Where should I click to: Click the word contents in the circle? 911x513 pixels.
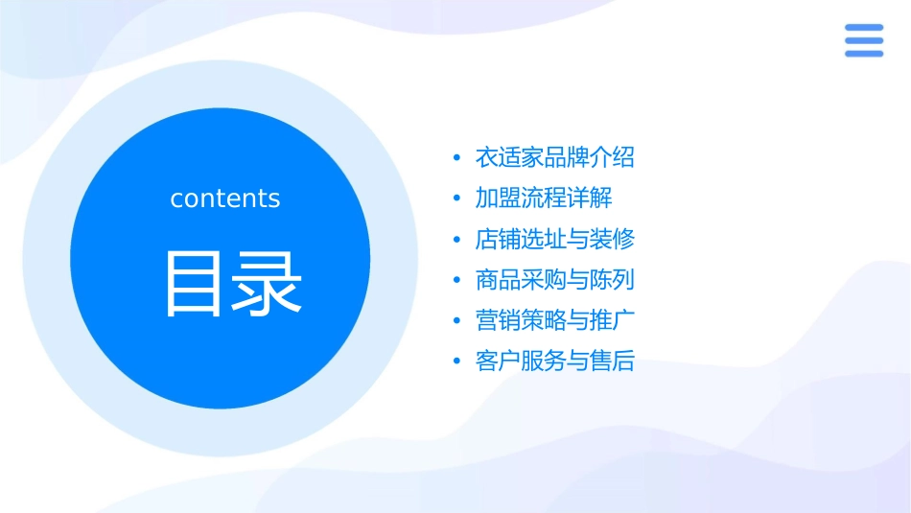coord(225,198)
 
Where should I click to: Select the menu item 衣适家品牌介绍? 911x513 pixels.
coord(554,157)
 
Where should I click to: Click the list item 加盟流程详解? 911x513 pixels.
coord(543,198)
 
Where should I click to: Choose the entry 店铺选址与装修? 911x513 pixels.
coord(554,239)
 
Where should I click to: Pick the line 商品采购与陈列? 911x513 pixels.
coord(554,280)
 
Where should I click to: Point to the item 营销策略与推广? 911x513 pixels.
coord(554,320)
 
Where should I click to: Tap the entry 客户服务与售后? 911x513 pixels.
coord(554,361)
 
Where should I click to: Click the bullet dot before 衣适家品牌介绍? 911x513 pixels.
coord(456,158)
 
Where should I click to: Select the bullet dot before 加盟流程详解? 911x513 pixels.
coord(456,199)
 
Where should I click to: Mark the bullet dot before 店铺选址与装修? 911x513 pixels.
coord(456,240)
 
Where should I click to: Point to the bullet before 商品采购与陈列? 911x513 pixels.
coord(456,281)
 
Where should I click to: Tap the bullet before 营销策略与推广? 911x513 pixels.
coord(456,321)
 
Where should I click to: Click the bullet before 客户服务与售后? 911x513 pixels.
coord(456,362)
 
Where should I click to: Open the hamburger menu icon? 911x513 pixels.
coord(864,40)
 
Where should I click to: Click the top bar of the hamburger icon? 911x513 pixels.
coord(864,27)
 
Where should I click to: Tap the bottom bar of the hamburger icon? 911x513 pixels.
coord(864,54)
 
